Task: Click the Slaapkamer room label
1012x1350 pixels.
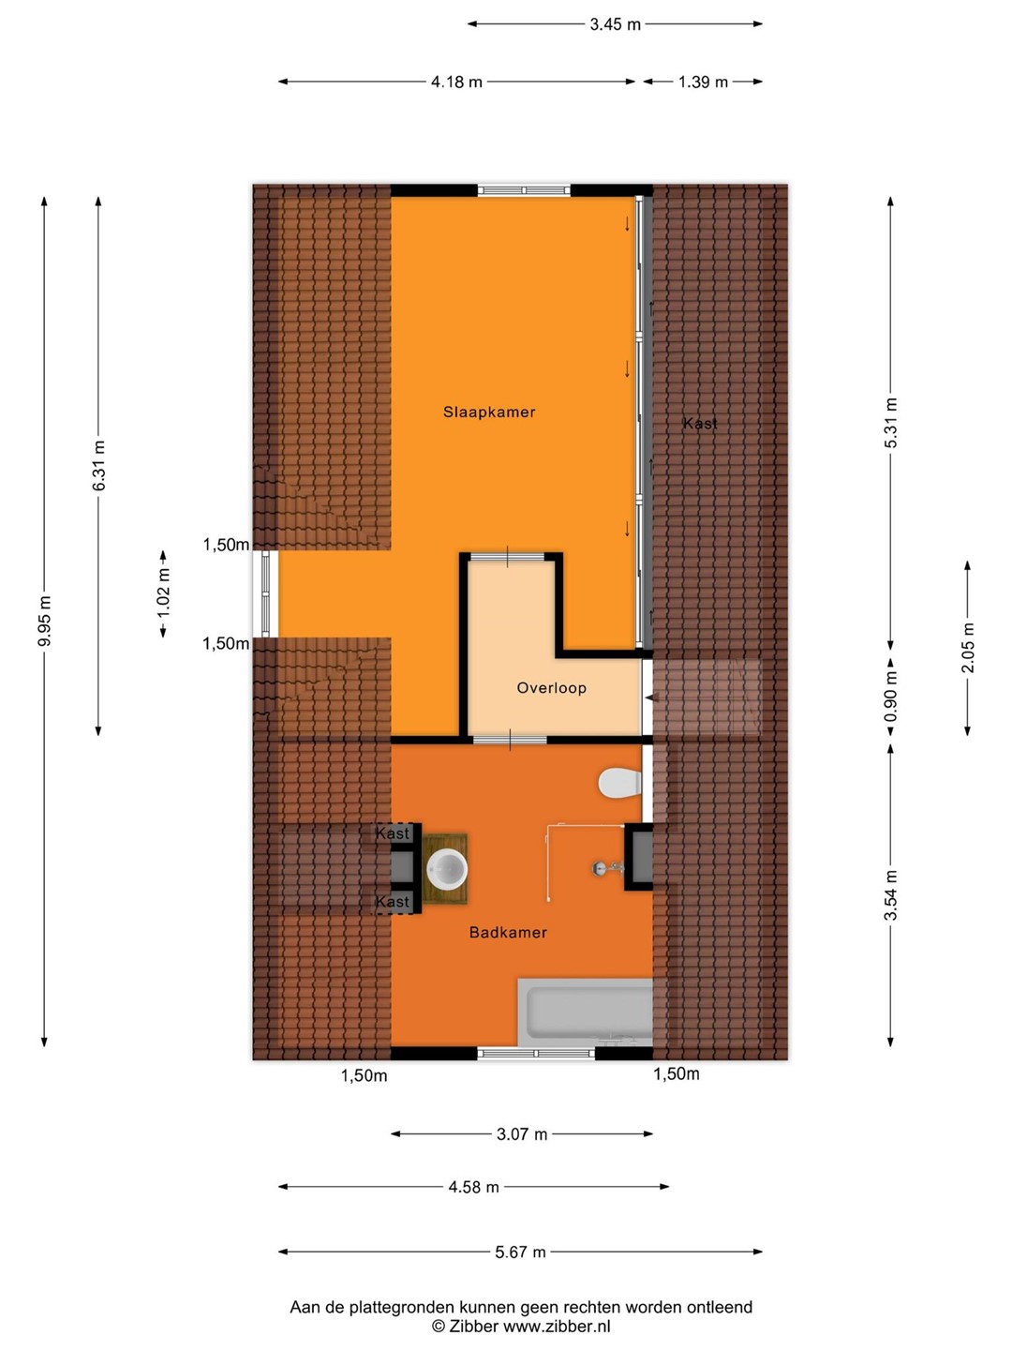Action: (489, 412)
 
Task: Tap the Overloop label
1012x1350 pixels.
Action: (551, 688)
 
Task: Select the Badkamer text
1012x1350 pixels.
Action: (508, 933)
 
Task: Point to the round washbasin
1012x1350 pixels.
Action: (447, 869)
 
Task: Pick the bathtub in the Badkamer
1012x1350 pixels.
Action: (585, 1012)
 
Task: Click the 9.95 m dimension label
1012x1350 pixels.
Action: (45, 622)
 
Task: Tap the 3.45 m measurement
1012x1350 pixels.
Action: (615, 24)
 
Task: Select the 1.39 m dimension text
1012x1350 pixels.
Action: (703, 82)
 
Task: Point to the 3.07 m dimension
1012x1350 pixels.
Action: (522, 1134)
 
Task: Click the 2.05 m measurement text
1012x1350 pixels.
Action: (968, 647)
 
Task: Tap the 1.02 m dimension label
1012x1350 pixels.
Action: (163, 593)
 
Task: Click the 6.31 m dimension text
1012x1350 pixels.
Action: (98, 466)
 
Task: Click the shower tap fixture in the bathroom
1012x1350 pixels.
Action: (608, 868)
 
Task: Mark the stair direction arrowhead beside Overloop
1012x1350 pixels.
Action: (650, 697)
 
